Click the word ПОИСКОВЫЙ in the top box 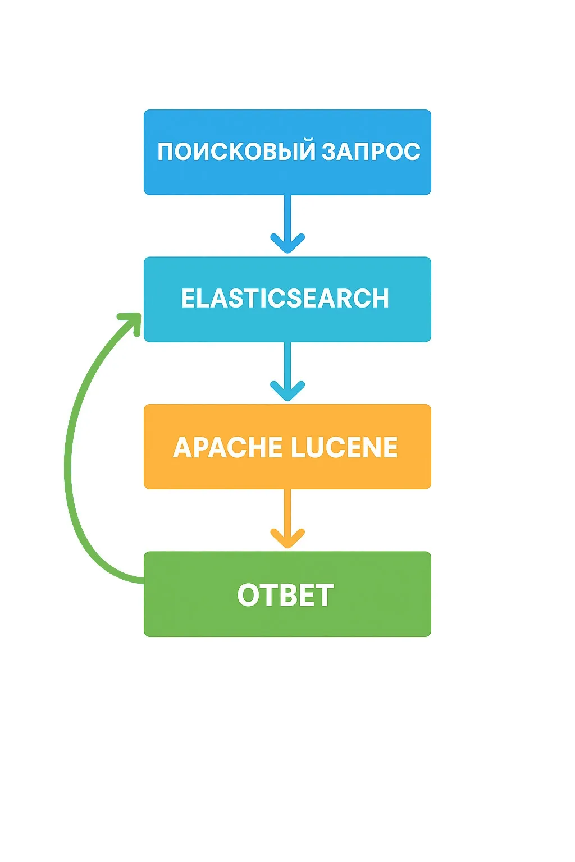[x=236, y=152]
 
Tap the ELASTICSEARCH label [x=285, y=299]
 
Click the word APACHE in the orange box [x=227, y=448]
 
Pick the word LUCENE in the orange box [x=344, y=448]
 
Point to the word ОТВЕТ [x=285, y=595]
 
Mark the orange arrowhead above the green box [x=287, y=538]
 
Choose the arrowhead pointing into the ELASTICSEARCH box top [x=287, y=244]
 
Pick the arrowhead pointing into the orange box [x=287, y=391]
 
